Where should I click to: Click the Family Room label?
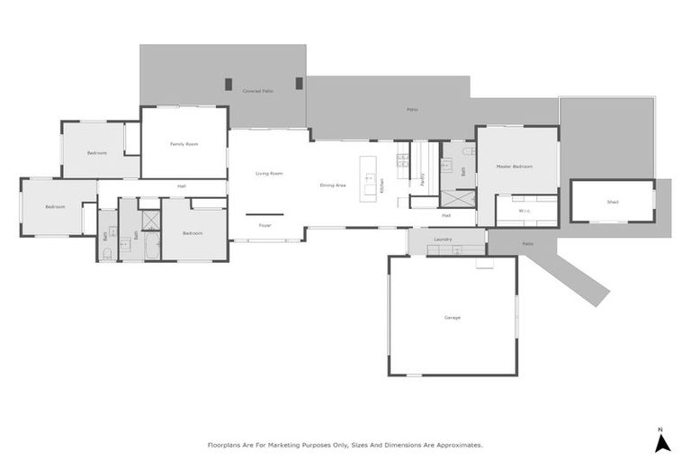coord(185,144)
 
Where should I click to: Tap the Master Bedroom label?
coord(515,167)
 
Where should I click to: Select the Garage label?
coord(452,318)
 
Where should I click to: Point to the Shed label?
coord(612,202)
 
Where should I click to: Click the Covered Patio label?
coord(258,91)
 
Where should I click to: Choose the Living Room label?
coord(269,173)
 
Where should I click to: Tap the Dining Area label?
coord(333,185)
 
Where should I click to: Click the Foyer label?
coord(265,225)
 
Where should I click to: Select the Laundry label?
coord(442,240)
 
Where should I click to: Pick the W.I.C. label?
coord(526,212)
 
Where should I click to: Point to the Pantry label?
coord(422,177)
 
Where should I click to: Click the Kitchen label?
coord(381,185)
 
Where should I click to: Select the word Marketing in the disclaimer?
coord(286,444)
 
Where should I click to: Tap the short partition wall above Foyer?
coord(265,214)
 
